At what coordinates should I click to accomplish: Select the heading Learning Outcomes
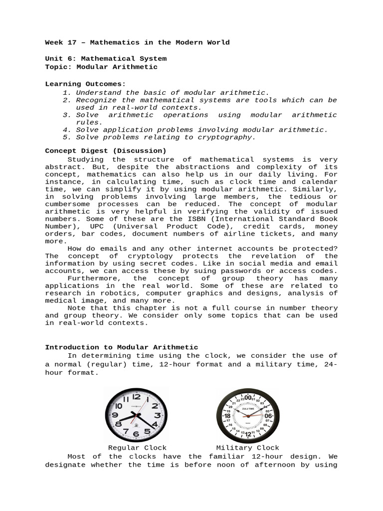[86, 84]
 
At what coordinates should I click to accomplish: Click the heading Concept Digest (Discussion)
[106, 151]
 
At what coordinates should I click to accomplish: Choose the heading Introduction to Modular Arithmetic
[122, 347]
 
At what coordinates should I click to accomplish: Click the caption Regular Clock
[137, 448]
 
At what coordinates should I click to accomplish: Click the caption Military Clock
[247, 448]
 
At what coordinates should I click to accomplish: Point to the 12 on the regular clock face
[136, 397]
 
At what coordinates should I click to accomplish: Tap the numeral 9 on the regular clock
[115, 415]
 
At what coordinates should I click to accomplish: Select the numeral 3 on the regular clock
[158, 415]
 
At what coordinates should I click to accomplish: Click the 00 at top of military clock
[248, 397]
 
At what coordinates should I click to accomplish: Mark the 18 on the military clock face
[227, 416]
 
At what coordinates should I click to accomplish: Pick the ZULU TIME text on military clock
[248, 408]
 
